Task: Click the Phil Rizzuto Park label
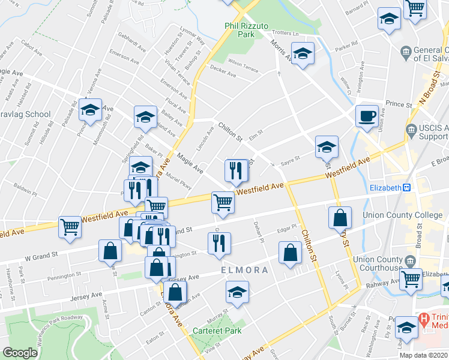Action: (x=249, y=30)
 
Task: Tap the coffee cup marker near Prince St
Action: (x=367, y=116)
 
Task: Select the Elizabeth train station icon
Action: (x=406, y=188)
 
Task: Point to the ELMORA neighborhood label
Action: (x=244, y=270)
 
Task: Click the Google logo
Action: (x=20, y=353)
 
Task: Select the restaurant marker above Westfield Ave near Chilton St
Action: (x=236, y=171)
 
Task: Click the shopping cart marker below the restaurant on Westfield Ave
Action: (x=223, y=203)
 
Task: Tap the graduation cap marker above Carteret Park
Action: (x=237, y=292)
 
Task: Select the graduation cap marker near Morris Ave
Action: (x=303, y=54)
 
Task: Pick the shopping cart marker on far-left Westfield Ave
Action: (x=70, y=226)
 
